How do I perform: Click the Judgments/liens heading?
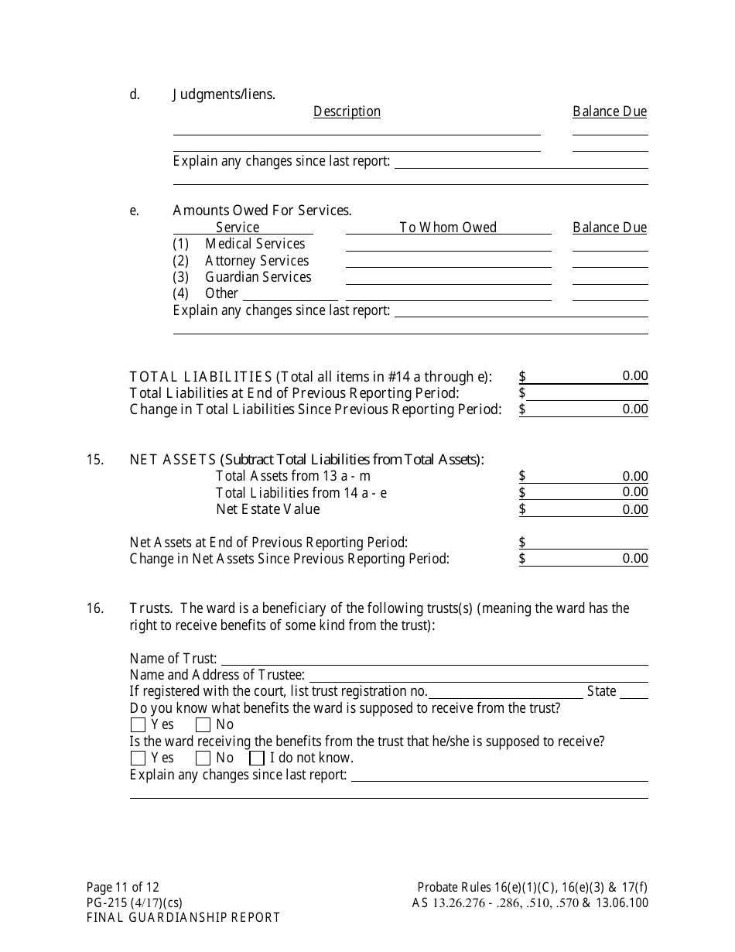click(224, 95)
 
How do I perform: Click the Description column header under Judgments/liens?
click(347, 111)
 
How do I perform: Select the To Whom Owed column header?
click(448, 228)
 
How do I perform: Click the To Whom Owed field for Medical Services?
click(448, 245)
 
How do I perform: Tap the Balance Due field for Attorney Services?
click(610, 262)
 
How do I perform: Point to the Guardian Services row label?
click(258, 277)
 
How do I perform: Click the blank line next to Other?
click(289, 294)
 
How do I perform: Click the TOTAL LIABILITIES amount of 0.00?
click(634, 376)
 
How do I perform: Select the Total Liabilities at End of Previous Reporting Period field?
click(588, 393)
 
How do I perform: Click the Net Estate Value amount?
click(634, 509)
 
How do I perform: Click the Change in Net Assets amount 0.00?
click(634, 559)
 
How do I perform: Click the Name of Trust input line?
click(433, 659)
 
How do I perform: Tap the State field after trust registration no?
click(634, 692)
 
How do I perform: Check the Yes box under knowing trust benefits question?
click(138, 725)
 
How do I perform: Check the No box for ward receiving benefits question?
click(203, 759)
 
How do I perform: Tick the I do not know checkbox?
click(257, 759)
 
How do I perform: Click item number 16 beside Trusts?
click(95, 608)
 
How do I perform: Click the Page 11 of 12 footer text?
click(123, 888)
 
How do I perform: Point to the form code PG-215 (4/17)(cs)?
click(135, 902)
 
